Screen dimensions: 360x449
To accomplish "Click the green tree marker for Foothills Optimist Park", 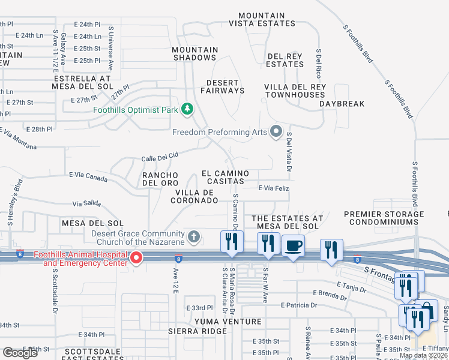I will click(x=188, y=109).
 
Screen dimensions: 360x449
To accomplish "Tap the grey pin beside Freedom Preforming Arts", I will click(x=276, y=130).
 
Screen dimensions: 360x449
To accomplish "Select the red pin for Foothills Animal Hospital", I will click(x=136, y=259).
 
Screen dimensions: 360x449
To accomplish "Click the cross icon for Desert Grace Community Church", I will click(x=194, y=236).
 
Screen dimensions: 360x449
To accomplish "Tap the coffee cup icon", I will click(x=293, y=246).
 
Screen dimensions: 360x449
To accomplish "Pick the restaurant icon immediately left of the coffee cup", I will click(x=268, y=244).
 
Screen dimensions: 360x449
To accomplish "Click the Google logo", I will click(x=20, y=352).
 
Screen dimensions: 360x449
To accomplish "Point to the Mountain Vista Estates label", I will click(x=261, y=20).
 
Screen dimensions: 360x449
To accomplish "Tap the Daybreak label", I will click(x=342, y=104).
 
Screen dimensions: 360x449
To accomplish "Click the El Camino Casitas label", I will click(x=226, y=176).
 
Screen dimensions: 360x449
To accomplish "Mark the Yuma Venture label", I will click(x=212, y=322).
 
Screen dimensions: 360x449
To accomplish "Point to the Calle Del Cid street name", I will click(x=160, y=157).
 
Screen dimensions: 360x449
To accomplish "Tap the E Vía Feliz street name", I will click(x=274, y=188).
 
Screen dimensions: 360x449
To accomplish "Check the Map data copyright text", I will click(x=424, y=355).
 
